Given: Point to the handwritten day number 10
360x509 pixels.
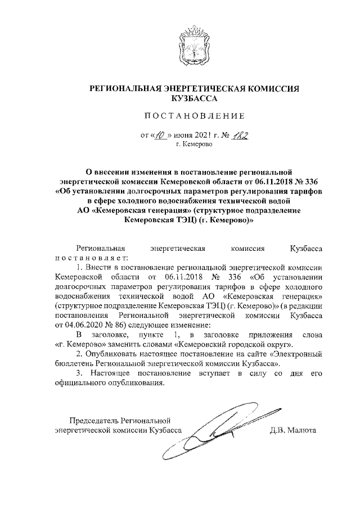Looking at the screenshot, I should [160, 136].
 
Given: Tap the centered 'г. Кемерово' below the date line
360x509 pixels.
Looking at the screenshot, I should [193, 145].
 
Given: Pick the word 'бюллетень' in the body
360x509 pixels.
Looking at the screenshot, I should [74, 365].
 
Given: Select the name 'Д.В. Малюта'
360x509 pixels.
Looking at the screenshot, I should [293, 431].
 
